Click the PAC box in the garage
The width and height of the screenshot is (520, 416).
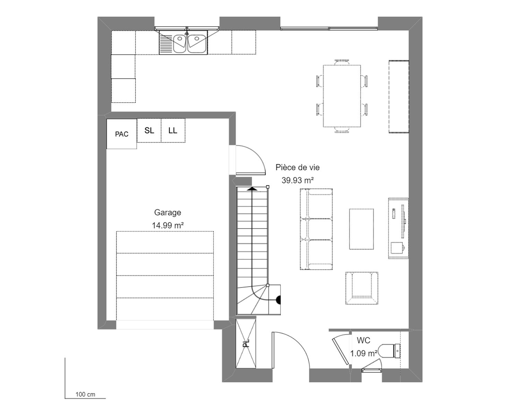tap(122, 134)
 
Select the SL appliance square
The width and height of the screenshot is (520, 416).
tap(149, 130)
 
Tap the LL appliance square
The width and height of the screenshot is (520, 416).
tap(173, 130)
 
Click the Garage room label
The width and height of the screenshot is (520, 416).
tap(167, 212)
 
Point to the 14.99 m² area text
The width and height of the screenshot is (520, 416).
tap(167, 225)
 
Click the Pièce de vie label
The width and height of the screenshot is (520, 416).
tap(297, 167)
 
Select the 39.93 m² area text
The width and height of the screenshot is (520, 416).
tap(297, 180)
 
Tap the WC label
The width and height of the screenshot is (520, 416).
tap(363, 340)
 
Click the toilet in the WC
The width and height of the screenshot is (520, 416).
tap(389, 351)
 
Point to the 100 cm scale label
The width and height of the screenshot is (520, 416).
tap(85, 395)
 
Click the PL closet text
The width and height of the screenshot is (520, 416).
tap(246, 344)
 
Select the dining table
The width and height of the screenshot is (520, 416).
tap(342, 96)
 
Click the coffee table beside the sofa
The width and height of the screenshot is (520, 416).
tap(361, 229)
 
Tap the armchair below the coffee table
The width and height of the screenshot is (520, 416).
tap(362, 288)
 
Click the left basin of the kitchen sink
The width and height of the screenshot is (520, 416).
tap(179, 44)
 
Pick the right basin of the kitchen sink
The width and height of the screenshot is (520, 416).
tap(197, 44)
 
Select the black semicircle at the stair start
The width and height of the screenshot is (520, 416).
tap(278, 300)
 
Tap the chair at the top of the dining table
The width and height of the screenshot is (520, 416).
tap(342, 62)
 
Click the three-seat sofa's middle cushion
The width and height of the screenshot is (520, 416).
tap(317, 229)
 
